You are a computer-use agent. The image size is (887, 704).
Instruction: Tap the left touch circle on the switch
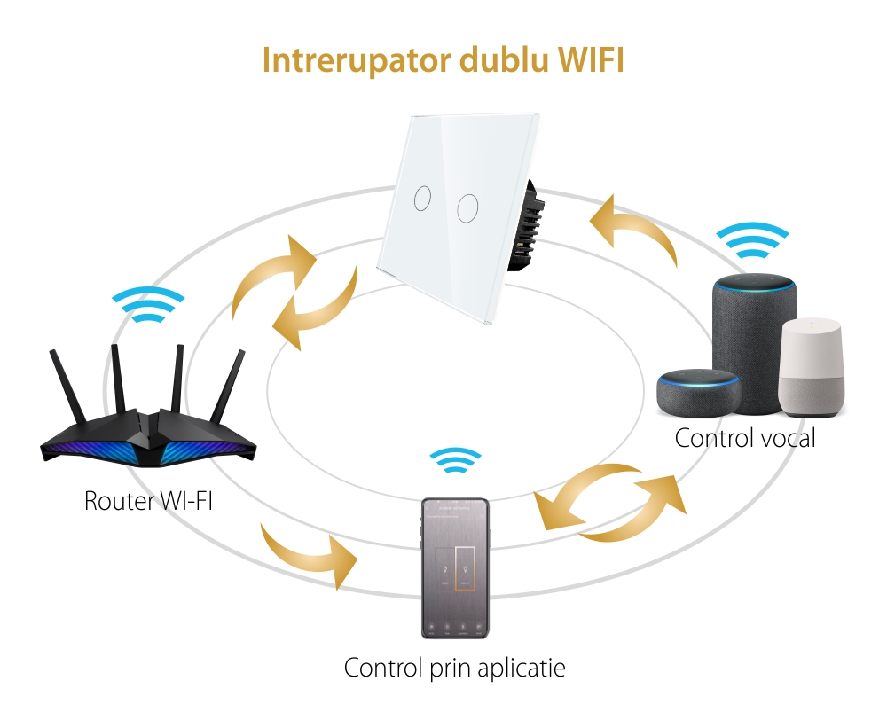click(422, 197)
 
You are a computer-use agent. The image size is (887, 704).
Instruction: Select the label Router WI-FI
click(148, 500)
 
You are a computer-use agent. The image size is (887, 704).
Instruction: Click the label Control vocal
click(744, 438)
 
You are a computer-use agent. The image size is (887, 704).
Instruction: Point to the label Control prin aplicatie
click(454, 667)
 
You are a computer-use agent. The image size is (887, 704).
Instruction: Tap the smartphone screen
click(454, 567)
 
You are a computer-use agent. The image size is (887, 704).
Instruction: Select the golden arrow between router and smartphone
click(310, 554)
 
